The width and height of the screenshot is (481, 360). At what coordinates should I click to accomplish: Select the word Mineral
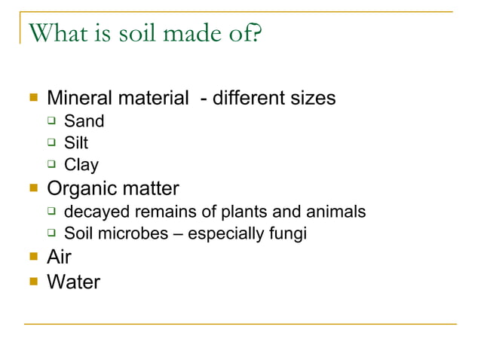pyautogui.click(x=79, y=99)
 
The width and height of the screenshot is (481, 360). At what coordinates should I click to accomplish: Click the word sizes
pyautogui.click(x=311, y=99)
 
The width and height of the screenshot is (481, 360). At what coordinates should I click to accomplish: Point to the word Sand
pyautogui.click(x=84, y=121)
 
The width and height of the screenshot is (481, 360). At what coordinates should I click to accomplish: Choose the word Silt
pyautogui.click(x=76, y=143)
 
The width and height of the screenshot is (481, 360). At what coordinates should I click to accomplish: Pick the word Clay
pyautogui.click(x=81, y=165)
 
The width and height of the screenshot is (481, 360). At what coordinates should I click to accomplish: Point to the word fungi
pyautogui.click(x=287, y=233)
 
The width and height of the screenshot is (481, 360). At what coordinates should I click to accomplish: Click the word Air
pyautogui.click(x=60, y=257)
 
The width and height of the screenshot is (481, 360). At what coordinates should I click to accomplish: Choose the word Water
pyautogui.click(x=73, y=282)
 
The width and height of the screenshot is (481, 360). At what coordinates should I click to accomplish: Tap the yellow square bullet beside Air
pyautogui.click(x=33, y=258)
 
